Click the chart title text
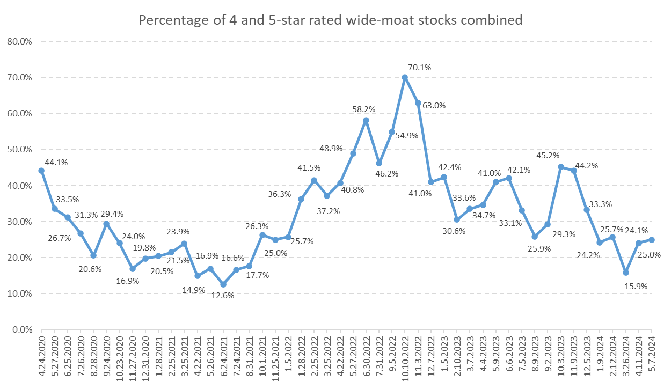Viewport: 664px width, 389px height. point(331,20)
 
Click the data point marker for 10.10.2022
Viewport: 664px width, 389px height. point(405,77)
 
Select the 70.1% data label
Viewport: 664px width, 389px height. point(419,67)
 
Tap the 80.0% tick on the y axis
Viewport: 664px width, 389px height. point(20,41)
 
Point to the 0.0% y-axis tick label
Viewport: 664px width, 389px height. point(21,330)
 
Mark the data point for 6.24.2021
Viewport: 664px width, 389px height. point(223,284)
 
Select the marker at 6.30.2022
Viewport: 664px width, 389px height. point(366,120)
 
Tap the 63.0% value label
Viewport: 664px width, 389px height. point(434,106)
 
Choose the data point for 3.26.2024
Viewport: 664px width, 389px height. point(626,273)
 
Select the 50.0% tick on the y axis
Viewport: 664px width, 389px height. point(20,150)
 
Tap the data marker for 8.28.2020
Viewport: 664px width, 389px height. point(93,255)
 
